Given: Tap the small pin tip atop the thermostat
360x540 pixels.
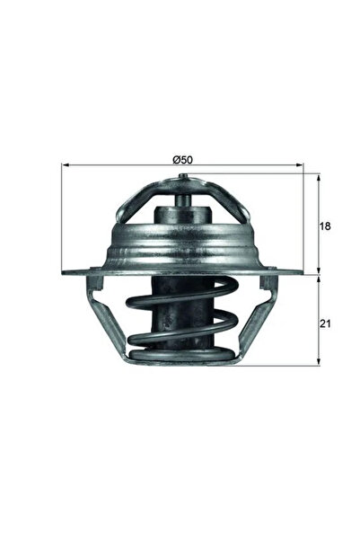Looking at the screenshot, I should pos(183,177).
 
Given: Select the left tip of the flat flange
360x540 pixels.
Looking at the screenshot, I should pos(65,273).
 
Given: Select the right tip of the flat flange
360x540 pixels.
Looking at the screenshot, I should pos(302,273).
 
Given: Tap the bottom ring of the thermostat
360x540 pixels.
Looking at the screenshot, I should pos(183,359).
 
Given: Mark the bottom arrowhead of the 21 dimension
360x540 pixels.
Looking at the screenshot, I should pos(319,361).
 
